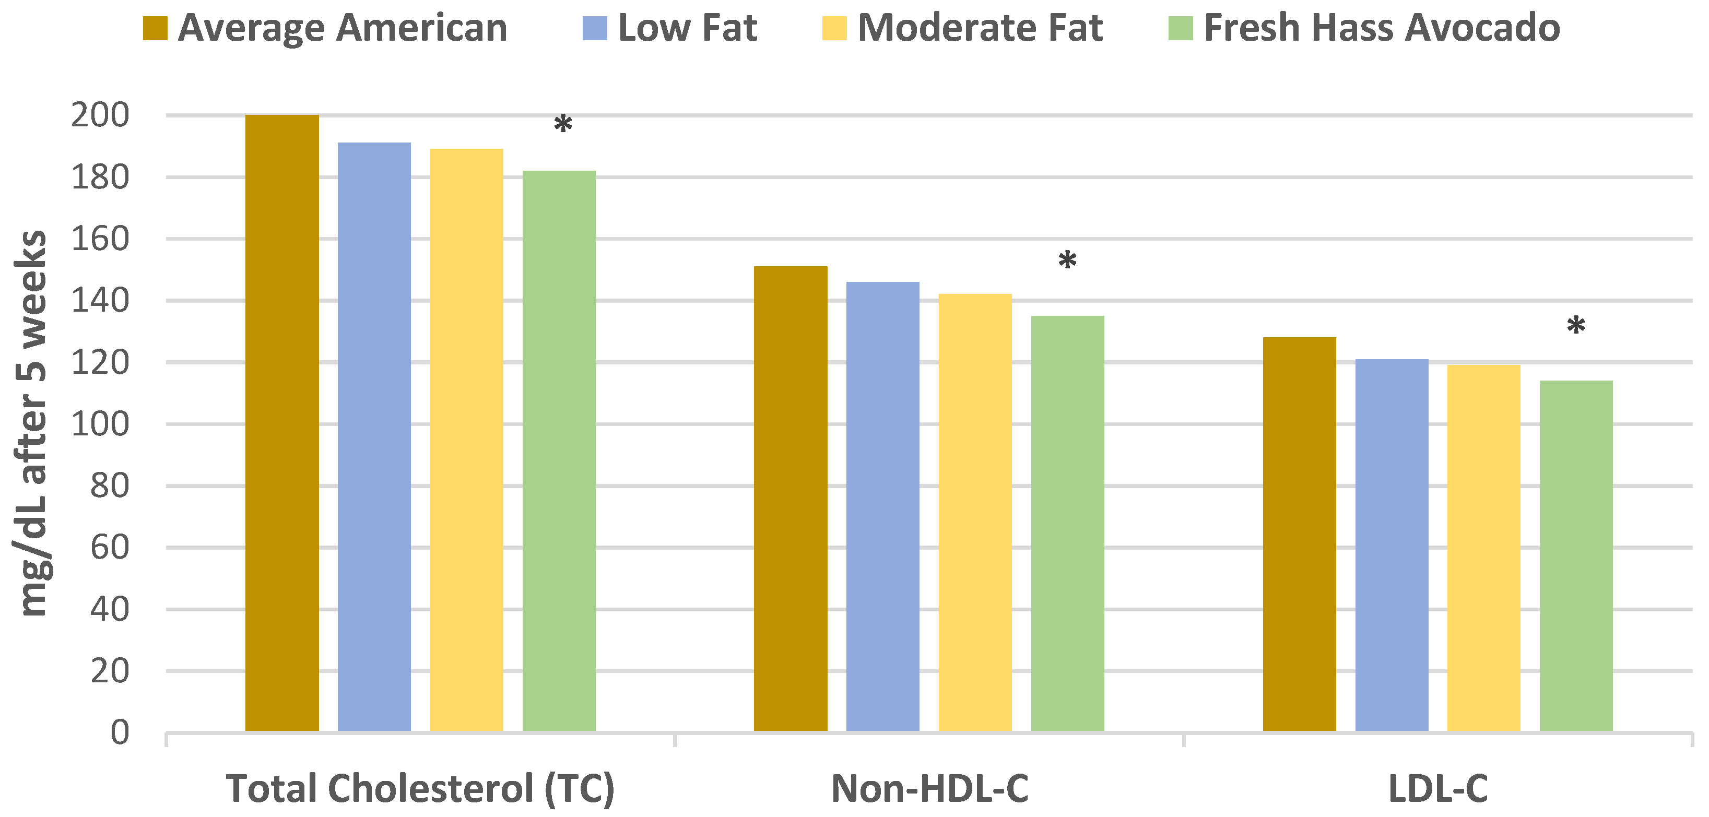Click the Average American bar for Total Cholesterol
[282, 424]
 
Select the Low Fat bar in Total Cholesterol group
[374, 437]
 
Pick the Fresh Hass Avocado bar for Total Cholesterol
[559, 451]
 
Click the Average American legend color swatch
[155, 29]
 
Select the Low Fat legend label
[687, 29]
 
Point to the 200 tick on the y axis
[100, 115]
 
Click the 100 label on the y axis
[100, 424]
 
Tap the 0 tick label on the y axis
[120, 733]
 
